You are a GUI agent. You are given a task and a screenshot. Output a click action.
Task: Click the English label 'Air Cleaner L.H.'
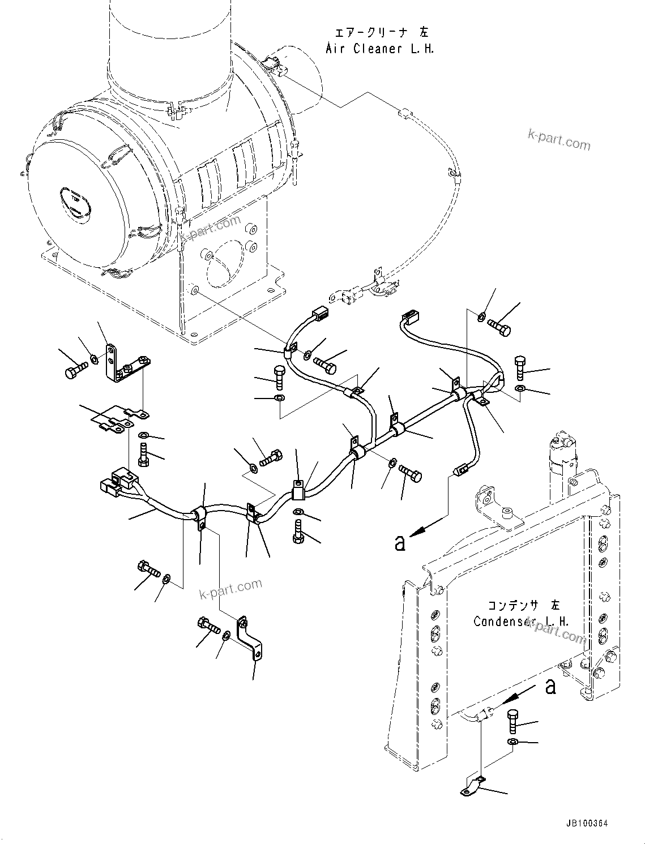tap(380, 49)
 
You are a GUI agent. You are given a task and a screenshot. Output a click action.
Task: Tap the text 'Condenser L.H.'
tap(521, 622)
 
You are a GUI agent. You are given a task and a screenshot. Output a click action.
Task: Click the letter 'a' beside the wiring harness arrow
tap(400, 544)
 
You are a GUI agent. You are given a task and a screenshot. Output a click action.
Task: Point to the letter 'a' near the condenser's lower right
tap(550, 687)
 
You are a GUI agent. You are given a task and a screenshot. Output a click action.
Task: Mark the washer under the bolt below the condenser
tap(512, 741)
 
